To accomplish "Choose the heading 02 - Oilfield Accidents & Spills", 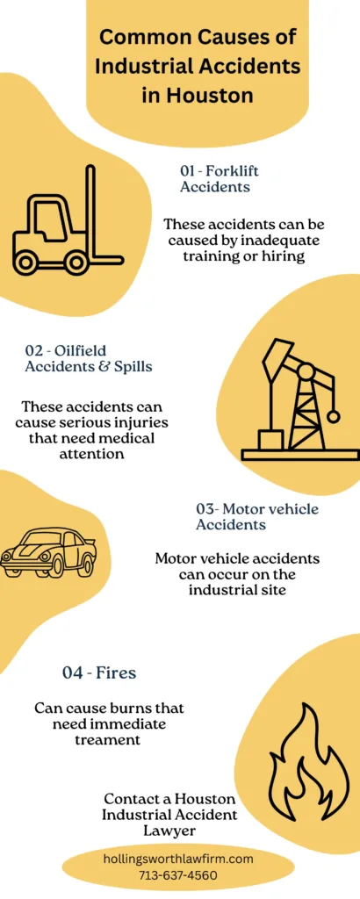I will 88,358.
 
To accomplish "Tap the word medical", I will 130,439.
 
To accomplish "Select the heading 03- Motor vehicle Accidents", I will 256,516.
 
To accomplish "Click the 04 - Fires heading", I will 98,673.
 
